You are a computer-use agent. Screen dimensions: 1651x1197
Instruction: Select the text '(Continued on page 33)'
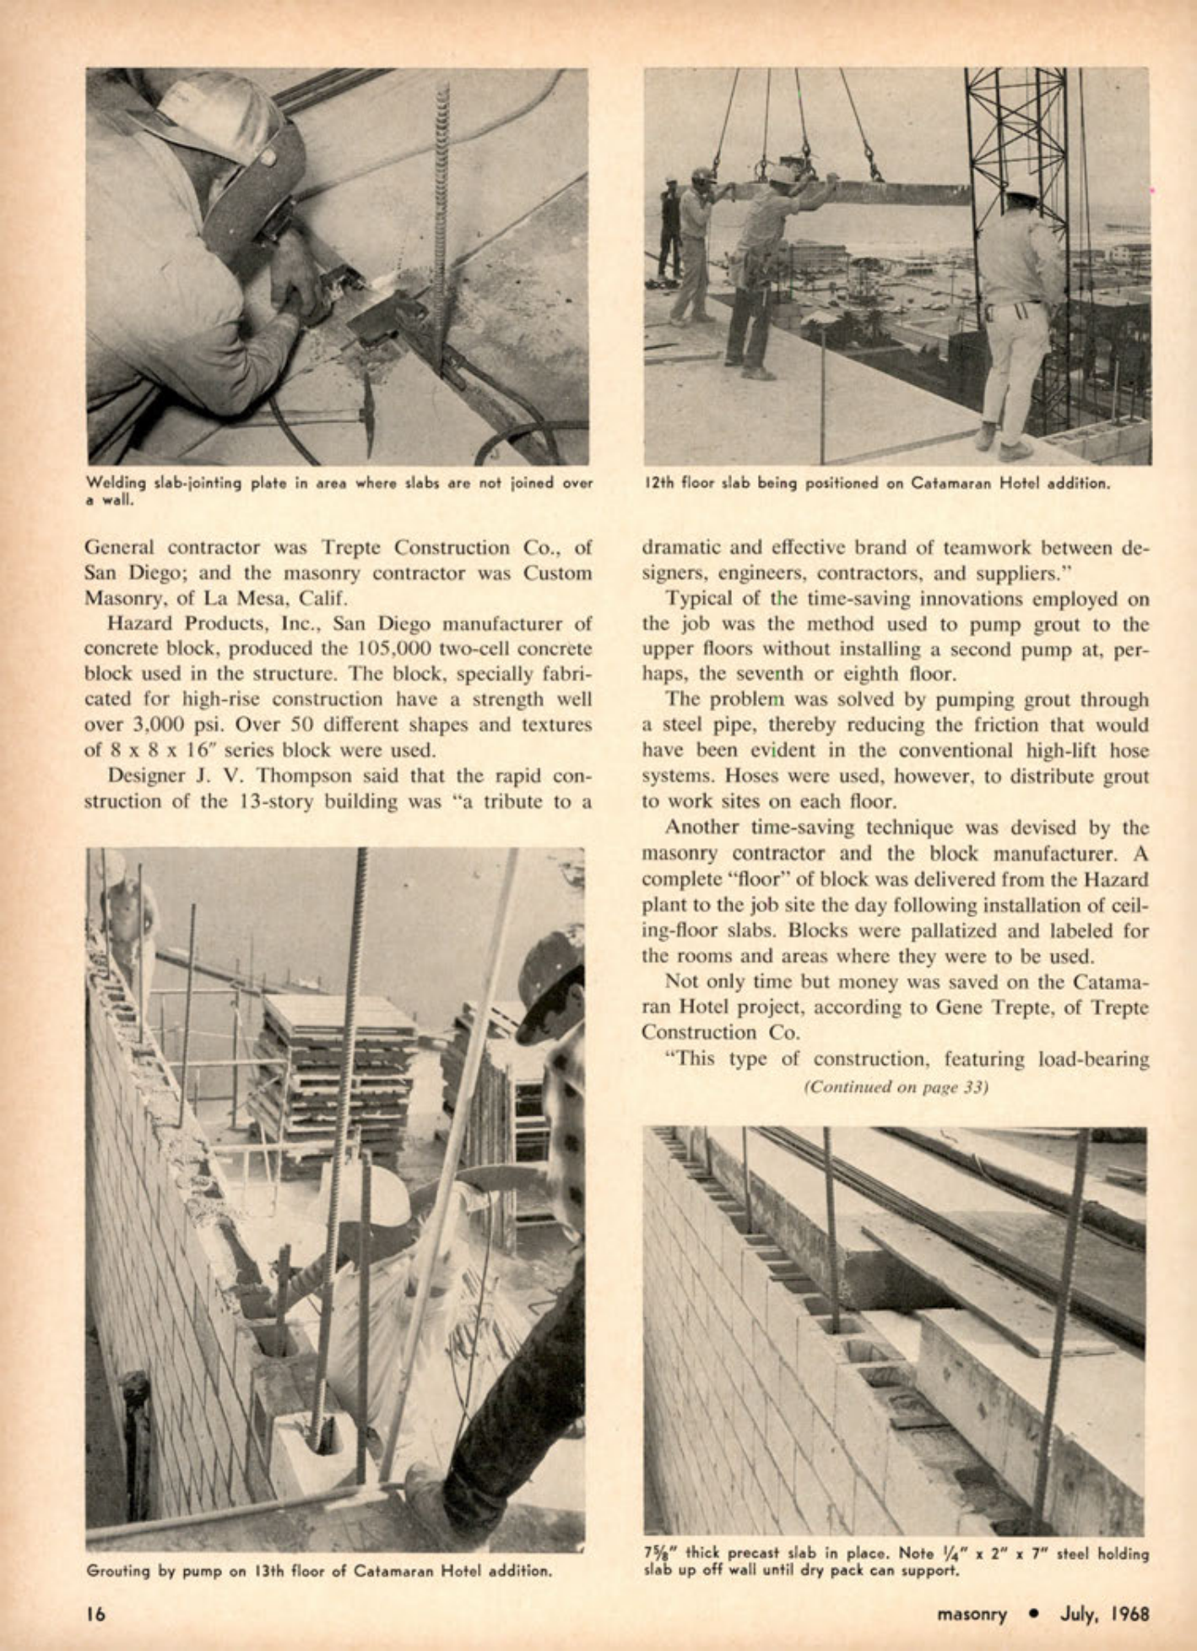tap(896, 1087)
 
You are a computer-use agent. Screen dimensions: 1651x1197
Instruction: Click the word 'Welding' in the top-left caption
tap(116, 484)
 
